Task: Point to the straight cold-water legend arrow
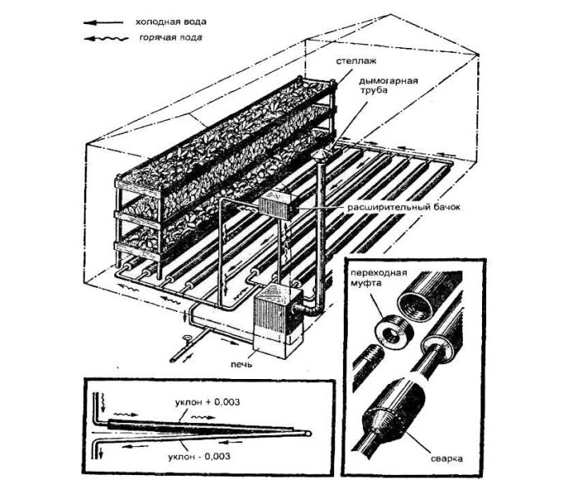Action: click(x=103, y=23)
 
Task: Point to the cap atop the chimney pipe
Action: click(x=317, y=155)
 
